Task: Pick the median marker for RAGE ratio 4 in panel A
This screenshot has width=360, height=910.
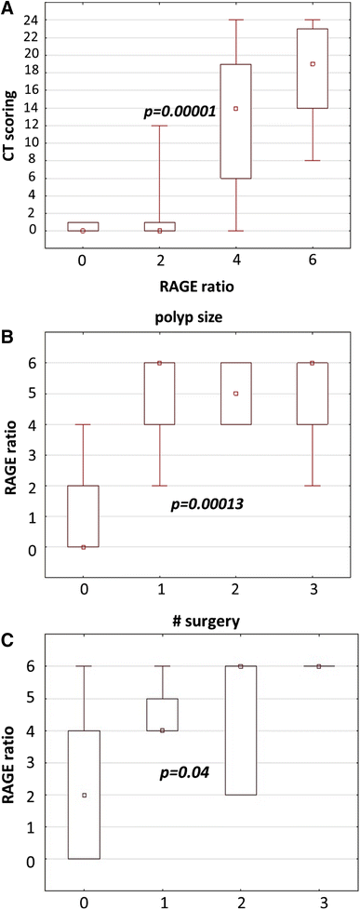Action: click(236, 108)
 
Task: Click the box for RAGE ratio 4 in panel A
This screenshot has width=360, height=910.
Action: click(236, 121)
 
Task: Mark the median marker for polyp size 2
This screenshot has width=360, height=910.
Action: click(236, 394)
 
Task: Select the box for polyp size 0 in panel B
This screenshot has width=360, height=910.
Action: click(83, 516)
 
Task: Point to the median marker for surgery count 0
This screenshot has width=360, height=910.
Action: click(84, 796)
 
